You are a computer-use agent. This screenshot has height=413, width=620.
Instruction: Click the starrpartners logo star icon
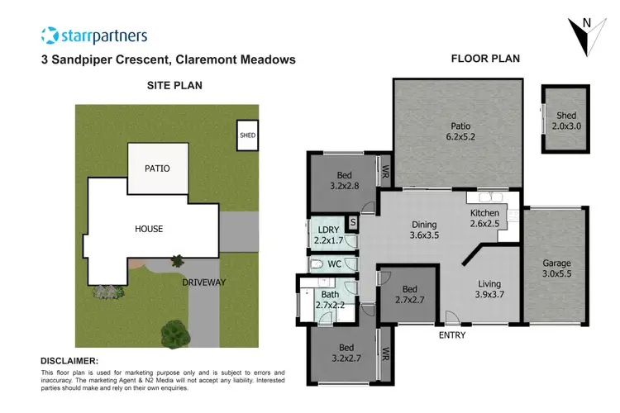pyautogui.click(x=50, y=35)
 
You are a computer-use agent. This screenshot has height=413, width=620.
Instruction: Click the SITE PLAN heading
pyautogui.click(x=174, y=85)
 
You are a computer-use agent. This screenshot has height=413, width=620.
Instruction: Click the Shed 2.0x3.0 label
pyautogui.click(x=566, y=121)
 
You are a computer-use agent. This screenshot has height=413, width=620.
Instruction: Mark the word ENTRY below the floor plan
pyautogui.click(x=452, y=335)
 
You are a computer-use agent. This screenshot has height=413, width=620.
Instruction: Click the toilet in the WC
pyautogui.click(x=317, y=264)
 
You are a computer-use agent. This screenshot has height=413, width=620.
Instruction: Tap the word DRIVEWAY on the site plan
pyautogui.click(x=204, y=282)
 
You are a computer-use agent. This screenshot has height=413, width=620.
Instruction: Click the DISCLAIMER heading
pyautogui.click(x=69, y=361)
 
